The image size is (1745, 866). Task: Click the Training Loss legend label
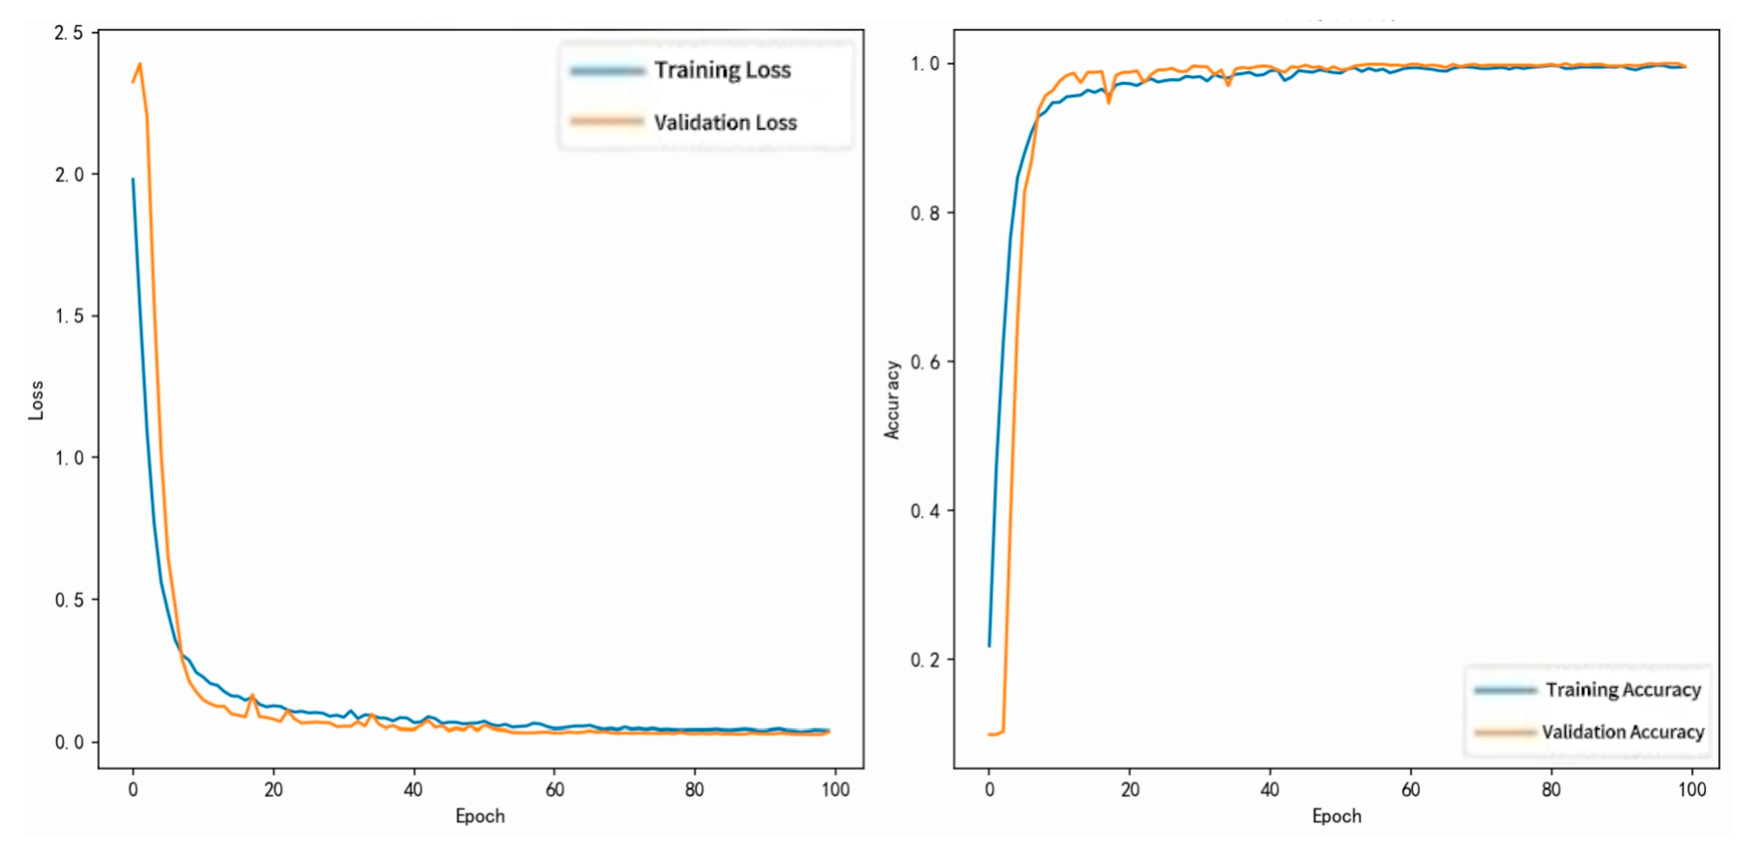point(722,70)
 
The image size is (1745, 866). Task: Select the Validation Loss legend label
point(725,123)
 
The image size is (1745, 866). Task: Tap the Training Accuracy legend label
point(1623,690)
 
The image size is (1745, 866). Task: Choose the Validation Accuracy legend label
point(1623,732)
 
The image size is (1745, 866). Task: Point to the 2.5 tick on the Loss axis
point(68,32)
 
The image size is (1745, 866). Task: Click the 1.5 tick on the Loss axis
point(68,316)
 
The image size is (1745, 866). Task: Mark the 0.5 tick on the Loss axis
point(68,600)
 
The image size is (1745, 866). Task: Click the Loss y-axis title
point(36,400)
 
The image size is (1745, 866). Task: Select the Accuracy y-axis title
point(891,400)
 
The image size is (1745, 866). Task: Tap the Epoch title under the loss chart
point(480,816)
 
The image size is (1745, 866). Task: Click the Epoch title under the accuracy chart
point(1336,816)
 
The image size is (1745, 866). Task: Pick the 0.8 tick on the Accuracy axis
point(925,213)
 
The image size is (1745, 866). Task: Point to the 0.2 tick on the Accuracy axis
point(925,659)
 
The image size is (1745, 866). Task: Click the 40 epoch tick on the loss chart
point(413,789)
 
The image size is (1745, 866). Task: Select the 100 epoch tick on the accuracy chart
point(1691,789)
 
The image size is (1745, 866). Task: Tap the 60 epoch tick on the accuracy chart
point(1411,789)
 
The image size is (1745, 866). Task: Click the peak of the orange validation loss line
point(140,64)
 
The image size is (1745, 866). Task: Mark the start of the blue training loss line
point(133,180)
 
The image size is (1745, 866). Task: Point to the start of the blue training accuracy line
point(989,645)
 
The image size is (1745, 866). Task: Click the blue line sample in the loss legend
point(607,70)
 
